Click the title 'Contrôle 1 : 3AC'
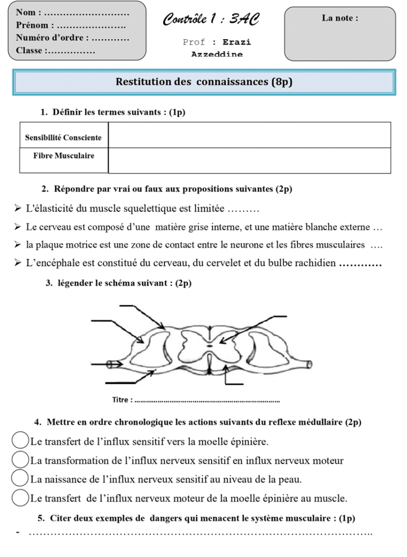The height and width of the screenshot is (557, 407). tap(211, 20)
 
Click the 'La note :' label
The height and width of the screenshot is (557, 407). tap(340, 18)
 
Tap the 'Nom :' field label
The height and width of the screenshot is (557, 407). tap(29, 12)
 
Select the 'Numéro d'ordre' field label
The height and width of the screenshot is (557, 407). tap(52, 38)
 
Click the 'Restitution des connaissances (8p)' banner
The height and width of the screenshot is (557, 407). tap(204, 82)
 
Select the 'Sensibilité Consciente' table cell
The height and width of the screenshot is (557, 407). tap(64, 138)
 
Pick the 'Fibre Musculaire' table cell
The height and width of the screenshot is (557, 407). tap(64, 156)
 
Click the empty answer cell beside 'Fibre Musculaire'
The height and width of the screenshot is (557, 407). tap(250, 160)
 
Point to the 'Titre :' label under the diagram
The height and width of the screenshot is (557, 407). tap(122, 400)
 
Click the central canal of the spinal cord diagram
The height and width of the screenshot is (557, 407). tap(209, 345)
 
